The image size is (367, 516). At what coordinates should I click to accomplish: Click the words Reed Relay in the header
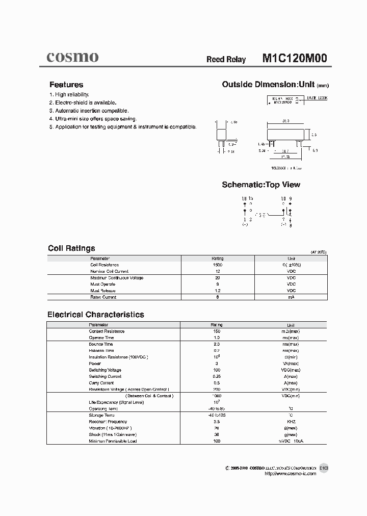pos(226,60)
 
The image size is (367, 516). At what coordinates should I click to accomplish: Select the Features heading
pos(66,85)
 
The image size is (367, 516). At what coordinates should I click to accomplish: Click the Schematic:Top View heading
pos(261,185)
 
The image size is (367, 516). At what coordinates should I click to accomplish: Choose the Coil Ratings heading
pos(71,248)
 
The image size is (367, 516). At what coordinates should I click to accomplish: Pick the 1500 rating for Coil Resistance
pos(217,265)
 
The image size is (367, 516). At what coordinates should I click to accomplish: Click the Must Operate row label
pos(102,284)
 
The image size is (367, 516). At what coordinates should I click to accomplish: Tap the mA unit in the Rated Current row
pos(291,297)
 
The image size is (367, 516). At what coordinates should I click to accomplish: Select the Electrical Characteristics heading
pos(96,315)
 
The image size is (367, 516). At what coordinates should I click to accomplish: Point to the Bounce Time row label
pos(101,344)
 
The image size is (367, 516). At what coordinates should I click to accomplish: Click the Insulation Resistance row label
pos(118,357)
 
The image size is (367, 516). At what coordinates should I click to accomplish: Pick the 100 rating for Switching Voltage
pos(217,370)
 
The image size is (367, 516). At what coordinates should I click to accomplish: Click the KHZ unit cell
pos(291,422)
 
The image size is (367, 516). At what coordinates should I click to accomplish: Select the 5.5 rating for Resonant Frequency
pos(217,422)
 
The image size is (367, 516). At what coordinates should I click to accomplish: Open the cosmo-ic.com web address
pos(291,474)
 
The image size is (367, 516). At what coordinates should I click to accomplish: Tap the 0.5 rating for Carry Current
pos(217,383)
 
